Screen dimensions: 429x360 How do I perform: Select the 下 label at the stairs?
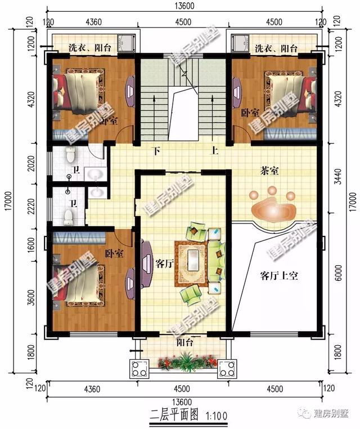click(x=157, y=151)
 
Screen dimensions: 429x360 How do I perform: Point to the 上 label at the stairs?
click(x=215, y=151)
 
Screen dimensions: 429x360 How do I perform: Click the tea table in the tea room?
click(x=272, y=209)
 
